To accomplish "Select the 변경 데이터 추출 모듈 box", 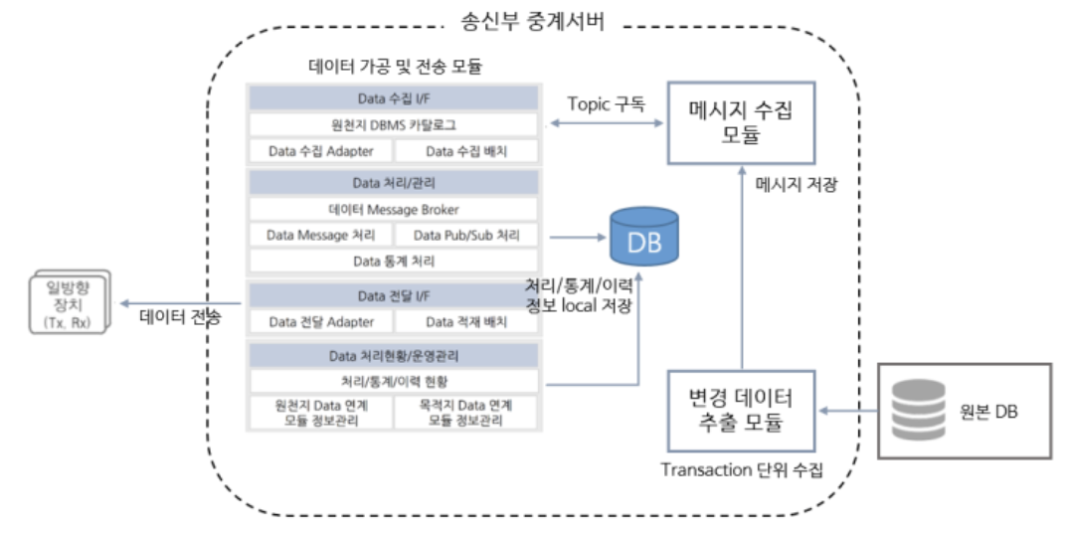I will pos(741,410).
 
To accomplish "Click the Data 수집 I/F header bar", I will pos(393,98).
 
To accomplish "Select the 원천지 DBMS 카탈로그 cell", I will pos(393,125).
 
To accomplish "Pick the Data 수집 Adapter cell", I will pos(320,151).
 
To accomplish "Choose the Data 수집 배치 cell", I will pos(466,151).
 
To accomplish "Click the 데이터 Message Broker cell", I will pos(393,210).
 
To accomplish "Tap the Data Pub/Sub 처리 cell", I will pos(466,236).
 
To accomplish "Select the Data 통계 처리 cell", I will pos(393,262).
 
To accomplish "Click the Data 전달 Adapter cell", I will pos(320,321).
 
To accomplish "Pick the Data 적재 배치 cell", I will pos(466,321).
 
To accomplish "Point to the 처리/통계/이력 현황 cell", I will pos(393,381).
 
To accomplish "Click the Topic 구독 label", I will pos(606,103).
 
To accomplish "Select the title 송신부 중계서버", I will pos(533,20).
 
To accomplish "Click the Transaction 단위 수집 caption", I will pos(742,470).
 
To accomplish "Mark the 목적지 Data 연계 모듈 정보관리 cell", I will pos(466,413).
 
